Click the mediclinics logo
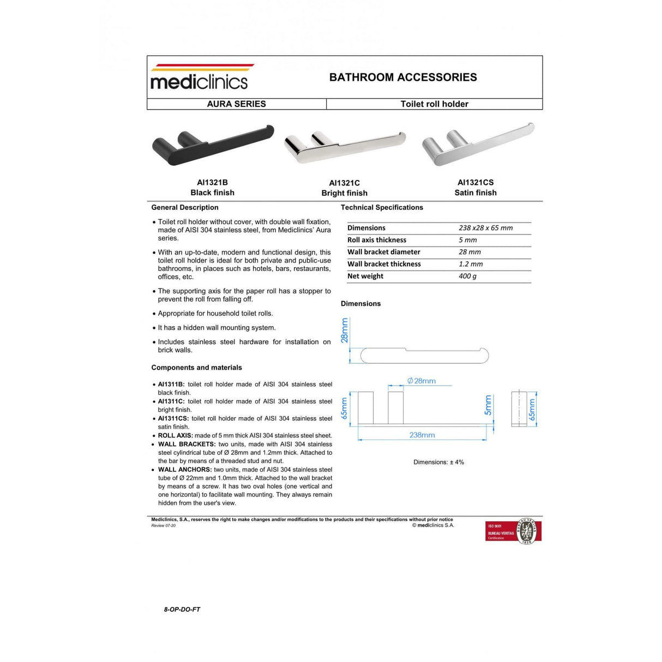[199, 77]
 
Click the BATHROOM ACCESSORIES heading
[403, 77]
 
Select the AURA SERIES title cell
[236, 104]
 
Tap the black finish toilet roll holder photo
[212, 145]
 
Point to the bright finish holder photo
[345, 146]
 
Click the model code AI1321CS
[476, 183]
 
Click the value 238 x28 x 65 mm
[485, 228]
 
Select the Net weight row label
[365, 276]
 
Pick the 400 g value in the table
[467, 276]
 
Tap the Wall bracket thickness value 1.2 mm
[471, 264]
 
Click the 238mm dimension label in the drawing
[422, 435]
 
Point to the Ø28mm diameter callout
[422, 381]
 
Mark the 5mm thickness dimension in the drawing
[488, 405]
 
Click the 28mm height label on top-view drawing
[345, 330]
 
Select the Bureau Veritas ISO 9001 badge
[513, 531]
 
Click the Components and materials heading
[196, 368]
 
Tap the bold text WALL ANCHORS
[184, 470]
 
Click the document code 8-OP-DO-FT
[182, 610]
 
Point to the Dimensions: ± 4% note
[438, 462]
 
